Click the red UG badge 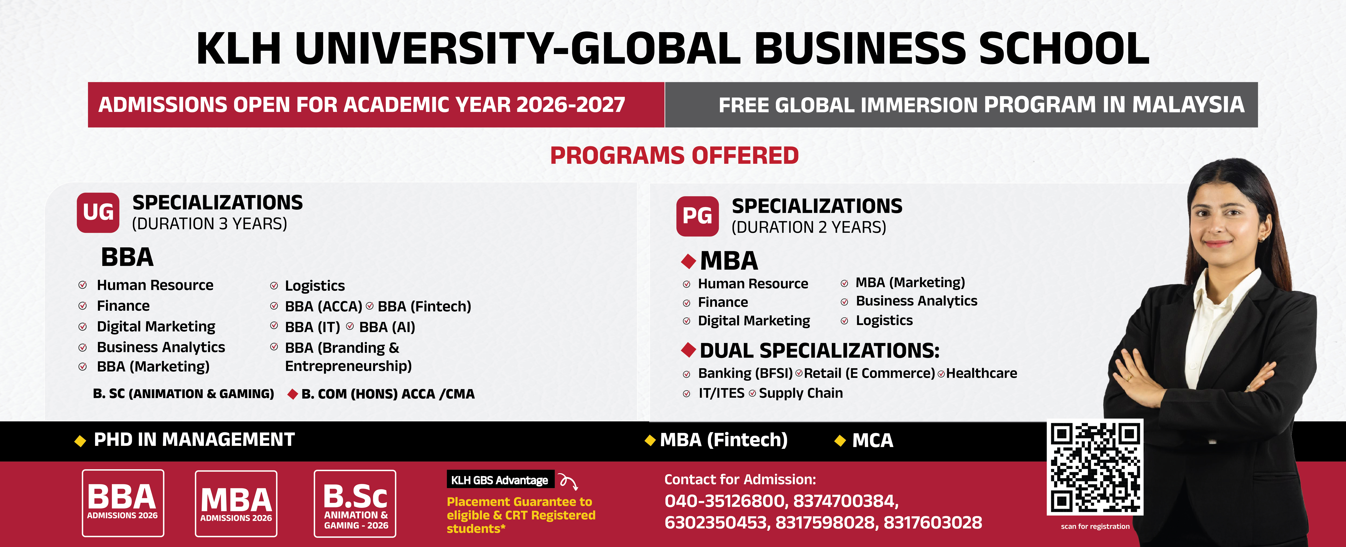click(98, 212)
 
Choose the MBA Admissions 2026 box click(236, 504)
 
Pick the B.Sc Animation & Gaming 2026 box click(355, 504)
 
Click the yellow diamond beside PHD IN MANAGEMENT click(80, 441)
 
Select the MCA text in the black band click(873, 440)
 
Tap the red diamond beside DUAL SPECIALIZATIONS click(689, 350)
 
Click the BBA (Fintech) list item click(424, 306)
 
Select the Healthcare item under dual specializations click(981, 373)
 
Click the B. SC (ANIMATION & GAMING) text click(183, 394)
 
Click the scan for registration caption click(1095, 527)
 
